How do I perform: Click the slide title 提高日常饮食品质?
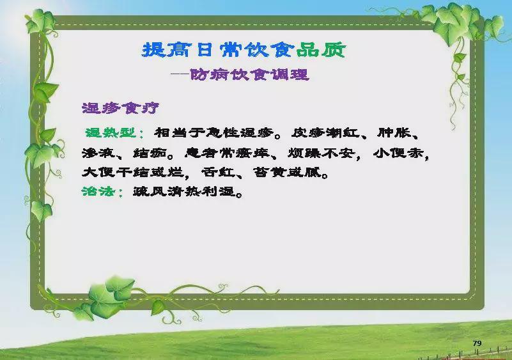pyautogui.click(x=244, y=50)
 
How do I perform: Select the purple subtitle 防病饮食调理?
pyautogui.click(x=249, y=74)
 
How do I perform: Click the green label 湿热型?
pyautogui.click(x=111, y=132)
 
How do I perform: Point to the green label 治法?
pyautogui.click(x=98, y=191)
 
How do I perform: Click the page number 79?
pyautogui.click(x=477, y=343)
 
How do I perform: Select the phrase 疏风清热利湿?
pyautogui.click(x=185, y=191)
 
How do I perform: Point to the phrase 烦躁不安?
pyautogui.click(x=322, y=153)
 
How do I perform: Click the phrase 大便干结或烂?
pyautogui.click(x=133, y=172)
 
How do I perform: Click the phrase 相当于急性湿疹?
pyautogui.click(x=214, y=132)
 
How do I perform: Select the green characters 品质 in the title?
pyautogui.click(x=322, y=50)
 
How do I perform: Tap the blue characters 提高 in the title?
pyautogui.click(x=166, y=50)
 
